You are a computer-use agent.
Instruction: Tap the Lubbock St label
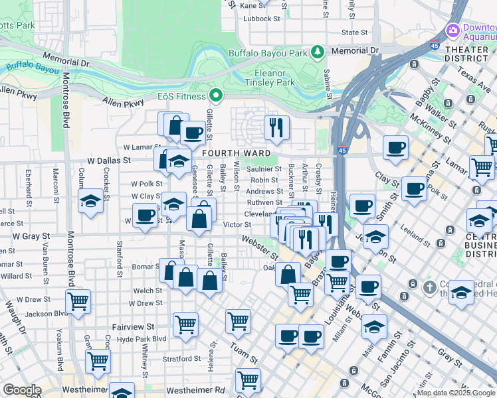(261, 19)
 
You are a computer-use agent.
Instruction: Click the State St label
(349, 32)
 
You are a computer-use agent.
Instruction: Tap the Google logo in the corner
(22, 390)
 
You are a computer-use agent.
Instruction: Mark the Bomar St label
(146, 266)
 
